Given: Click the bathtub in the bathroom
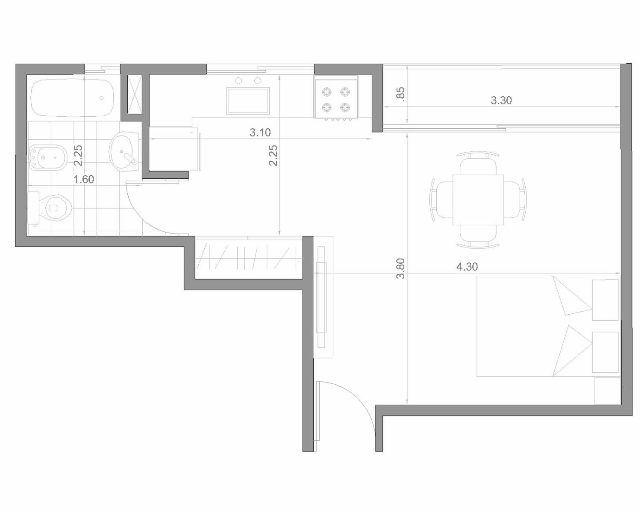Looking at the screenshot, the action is click(72, 97).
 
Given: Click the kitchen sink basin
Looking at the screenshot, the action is click(248, 101).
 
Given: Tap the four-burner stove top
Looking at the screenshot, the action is click(336, 99).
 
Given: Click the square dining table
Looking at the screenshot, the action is click(478, 200).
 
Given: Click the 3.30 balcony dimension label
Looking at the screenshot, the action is click(501, 100).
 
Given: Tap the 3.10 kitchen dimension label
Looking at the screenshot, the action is click(260, 133).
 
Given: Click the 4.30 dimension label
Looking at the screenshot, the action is click(467, 266).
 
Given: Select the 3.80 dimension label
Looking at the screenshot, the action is click(401, 268).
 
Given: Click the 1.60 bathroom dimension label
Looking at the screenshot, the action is click(84, 180).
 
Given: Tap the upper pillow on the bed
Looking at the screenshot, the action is click(572, 295).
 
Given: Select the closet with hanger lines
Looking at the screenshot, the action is click(249, 257).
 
